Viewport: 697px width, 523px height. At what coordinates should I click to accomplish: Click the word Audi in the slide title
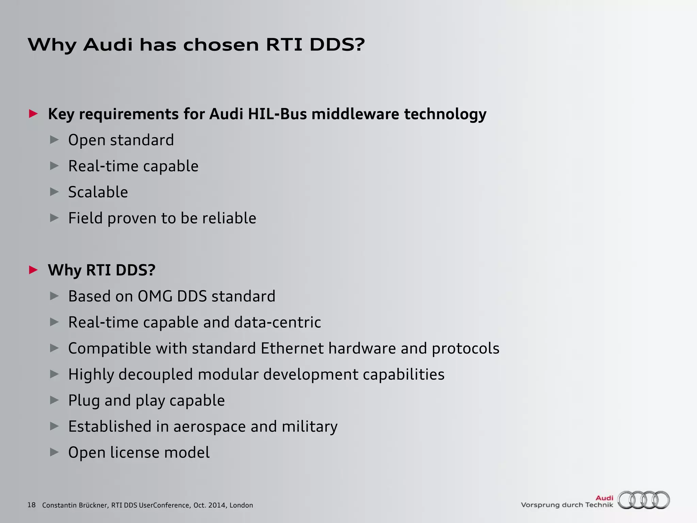(x=108, y=45)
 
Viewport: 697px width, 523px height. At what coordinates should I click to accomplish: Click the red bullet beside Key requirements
(x=33, y=113)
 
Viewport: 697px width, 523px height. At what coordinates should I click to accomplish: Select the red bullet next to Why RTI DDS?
(x=33, y=270)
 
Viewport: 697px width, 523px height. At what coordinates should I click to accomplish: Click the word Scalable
(x=98, y=192)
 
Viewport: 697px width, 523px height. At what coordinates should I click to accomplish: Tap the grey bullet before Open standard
(x=54, y=140)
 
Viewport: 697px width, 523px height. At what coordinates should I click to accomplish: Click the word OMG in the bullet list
(x=155, y=296)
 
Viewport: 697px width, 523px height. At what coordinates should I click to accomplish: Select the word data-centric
(x=277, y=322)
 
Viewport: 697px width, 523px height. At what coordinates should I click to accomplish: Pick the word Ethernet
(x=292, y=348)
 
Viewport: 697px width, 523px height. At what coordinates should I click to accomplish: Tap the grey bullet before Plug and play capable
(x=54, y=400)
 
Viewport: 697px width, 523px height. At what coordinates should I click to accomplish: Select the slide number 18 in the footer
(x=31, y=505)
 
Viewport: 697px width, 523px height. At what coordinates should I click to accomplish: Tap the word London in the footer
(x=241, y=505)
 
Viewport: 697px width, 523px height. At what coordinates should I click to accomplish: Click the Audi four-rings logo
(x=644, y=500)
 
